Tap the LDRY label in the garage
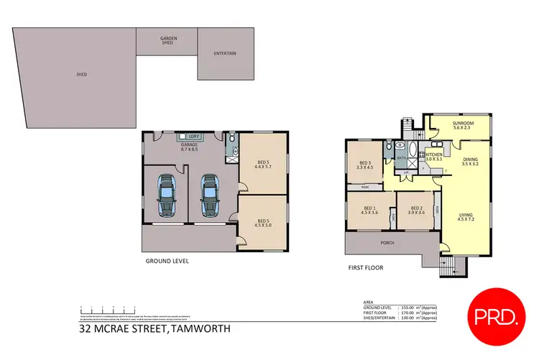click(193, 136)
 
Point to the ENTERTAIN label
click(225, 54)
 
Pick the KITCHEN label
click(433, 154)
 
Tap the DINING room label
click(470, 160)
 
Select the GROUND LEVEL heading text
click(167, 262)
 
